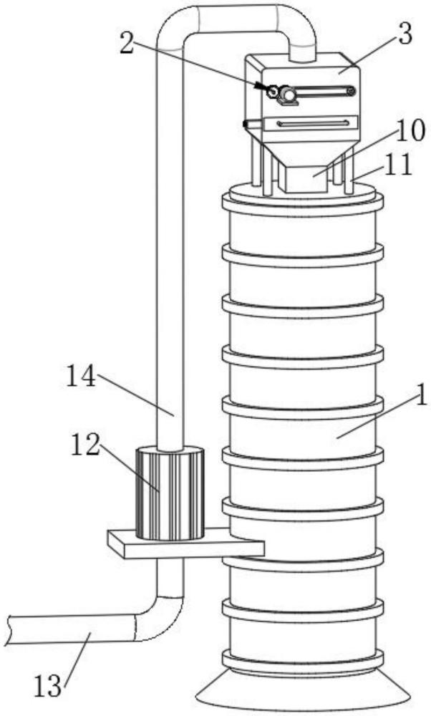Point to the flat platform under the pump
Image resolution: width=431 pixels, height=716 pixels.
click(x=185, y=545)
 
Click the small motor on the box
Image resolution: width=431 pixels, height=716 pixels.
click(x=288, y=94)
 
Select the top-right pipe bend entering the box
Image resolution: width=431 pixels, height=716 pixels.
click(x=297, y=29)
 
